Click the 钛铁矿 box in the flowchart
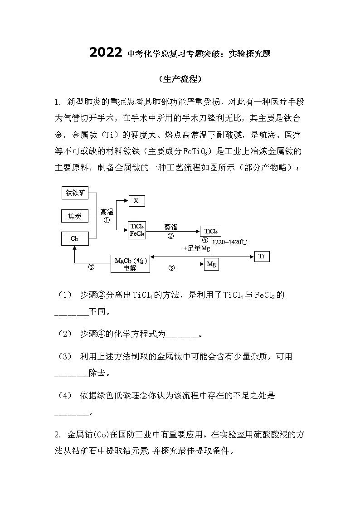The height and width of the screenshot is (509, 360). pos(75,193)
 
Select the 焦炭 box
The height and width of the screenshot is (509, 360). pos(75,216)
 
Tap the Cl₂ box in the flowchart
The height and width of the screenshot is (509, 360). pos(75,238)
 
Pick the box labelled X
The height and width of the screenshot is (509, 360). pos(136,200)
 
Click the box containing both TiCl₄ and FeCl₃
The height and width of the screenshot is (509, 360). pos(137,230)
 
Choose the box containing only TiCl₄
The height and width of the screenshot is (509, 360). pos(211,231)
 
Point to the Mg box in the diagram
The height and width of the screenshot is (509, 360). pos(210,264)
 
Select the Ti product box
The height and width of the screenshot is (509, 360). pos(261,257)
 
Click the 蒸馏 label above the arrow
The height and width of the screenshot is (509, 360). pos(171,227)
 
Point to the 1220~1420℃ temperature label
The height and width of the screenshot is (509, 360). pos(230,242)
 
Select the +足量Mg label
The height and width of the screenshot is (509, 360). pos(197,248)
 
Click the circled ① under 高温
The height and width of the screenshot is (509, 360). pos(107,220)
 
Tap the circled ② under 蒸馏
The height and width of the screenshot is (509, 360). pos(171,236)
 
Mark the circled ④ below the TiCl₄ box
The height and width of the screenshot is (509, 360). pos(205,240)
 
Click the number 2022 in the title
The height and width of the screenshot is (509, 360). pos(106,53)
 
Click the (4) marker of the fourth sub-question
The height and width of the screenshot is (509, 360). pos(65,396)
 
